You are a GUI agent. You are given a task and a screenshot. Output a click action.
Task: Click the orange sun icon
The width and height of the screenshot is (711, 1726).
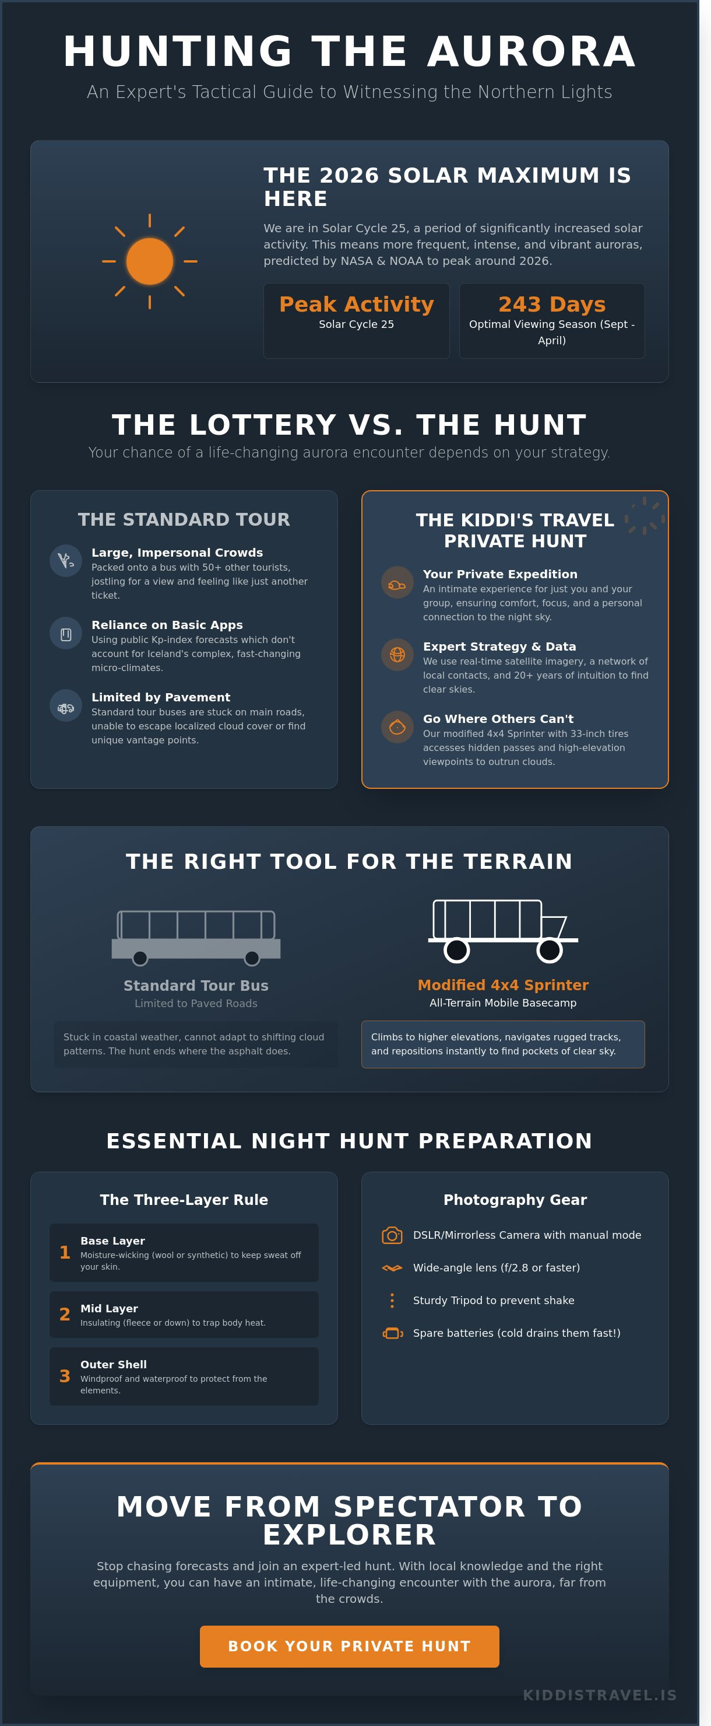[x=149, y=261]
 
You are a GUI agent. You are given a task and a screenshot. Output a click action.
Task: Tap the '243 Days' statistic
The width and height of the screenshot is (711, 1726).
[x=552, y=304]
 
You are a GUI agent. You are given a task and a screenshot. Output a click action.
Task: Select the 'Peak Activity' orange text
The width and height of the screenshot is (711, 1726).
[x=356, y=304]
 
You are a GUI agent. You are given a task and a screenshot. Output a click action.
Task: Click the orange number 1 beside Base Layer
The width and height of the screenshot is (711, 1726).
[x=65, y=1252]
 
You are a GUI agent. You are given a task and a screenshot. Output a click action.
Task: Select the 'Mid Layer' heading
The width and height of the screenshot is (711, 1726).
[x=109, y=1309]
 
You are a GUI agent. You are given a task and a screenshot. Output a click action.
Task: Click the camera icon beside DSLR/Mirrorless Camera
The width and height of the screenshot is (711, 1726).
[x=392, y=1235]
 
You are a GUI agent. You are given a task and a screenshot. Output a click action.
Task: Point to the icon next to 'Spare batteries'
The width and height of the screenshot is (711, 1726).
[x=392, y=1333]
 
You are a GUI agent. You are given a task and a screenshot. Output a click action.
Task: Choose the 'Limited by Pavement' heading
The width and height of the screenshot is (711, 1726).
[x=161, y=697]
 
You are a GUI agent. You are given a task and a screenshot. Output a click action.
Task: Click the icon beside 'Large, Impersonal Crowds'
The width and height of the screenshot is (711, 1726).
[x=66, y=561]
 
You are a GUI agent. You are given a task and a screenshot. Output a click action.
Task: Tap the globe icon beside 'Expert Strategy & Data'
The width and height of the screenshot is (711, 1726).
[x=397, y=655]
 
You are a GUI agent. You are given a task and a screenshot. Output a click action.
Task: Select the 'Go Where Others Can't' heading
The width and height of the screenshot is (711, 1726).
[x=498, y=719]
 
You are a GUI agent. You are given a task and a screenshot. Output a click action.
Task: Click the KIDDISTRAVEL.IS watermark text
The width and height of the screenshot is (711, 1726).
[x=600, y=1695]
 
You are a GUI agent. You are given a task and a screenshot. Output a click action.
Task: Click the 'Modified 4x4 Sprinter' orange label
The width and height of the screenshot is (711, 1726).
[x=503, y=985]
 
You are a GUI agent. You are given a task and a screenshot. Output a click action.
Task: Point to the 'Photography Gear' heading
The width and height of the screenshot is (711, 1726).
[x=515, y=1200]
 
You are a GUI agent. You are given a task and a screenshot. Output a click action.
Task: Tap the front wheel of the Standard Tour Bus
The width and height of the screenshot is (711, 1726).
[x=252, y=958]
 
